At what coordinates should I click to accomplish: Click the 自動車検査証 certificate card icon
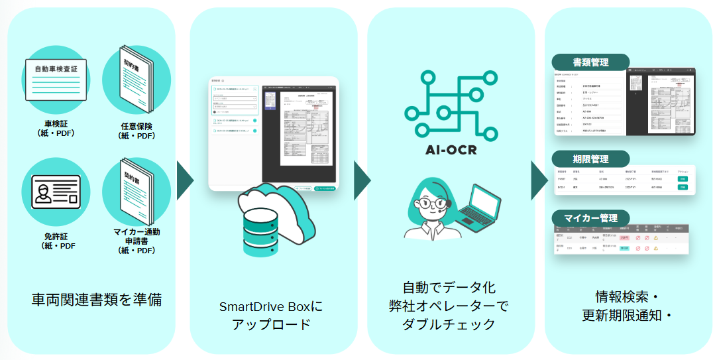click(x=56, y=79)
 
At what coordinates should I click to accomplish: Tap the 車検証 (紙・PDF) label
click(x=56, y=128)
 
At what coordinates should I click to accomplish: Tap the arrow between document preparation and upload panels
click(x=184, y=180)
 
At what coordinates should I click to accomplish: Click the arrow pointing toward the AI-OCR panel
click(x=362, y=180)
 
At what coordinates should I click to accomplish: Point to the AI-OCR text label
click(x=451, y=149)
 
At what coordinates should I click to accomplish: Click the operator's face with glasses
click(x=434, y=198)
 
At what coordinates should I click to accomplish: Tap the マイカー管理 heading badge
click(x=590, y=218)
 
